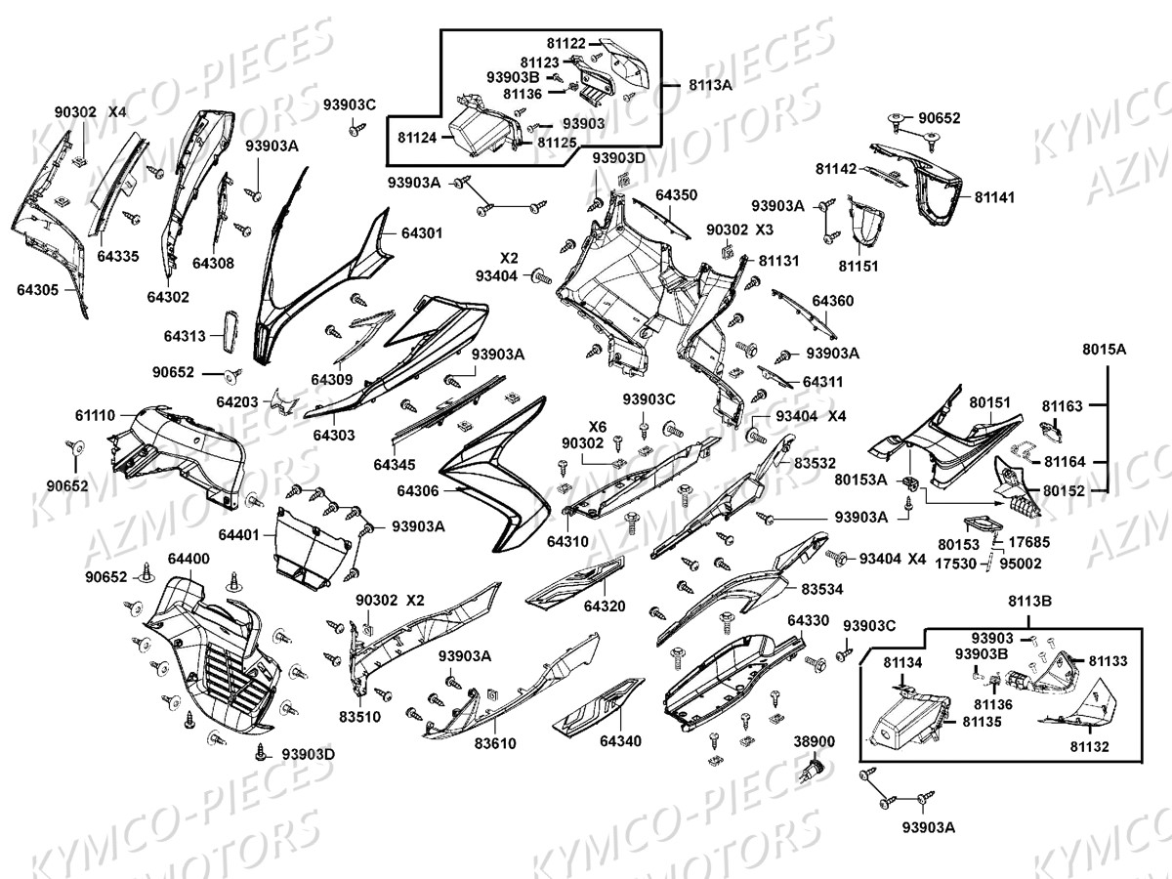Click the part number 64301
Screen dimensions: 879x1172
point(421,233)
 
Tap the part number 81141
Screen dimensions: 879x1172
point(994,197)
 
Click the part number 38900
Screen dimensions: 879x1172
point(814,742)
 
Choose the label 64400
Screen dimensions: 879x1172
point(188,559)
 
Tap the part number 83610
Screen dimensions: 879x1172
point(496,743)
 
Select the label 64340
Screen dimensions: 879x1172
point(621,741)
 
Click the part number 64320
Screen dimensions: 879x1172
point(605,607)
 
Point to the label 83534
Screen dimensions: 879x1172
point(822,590)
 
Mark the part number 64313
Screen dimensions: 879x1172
point(185,336)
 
